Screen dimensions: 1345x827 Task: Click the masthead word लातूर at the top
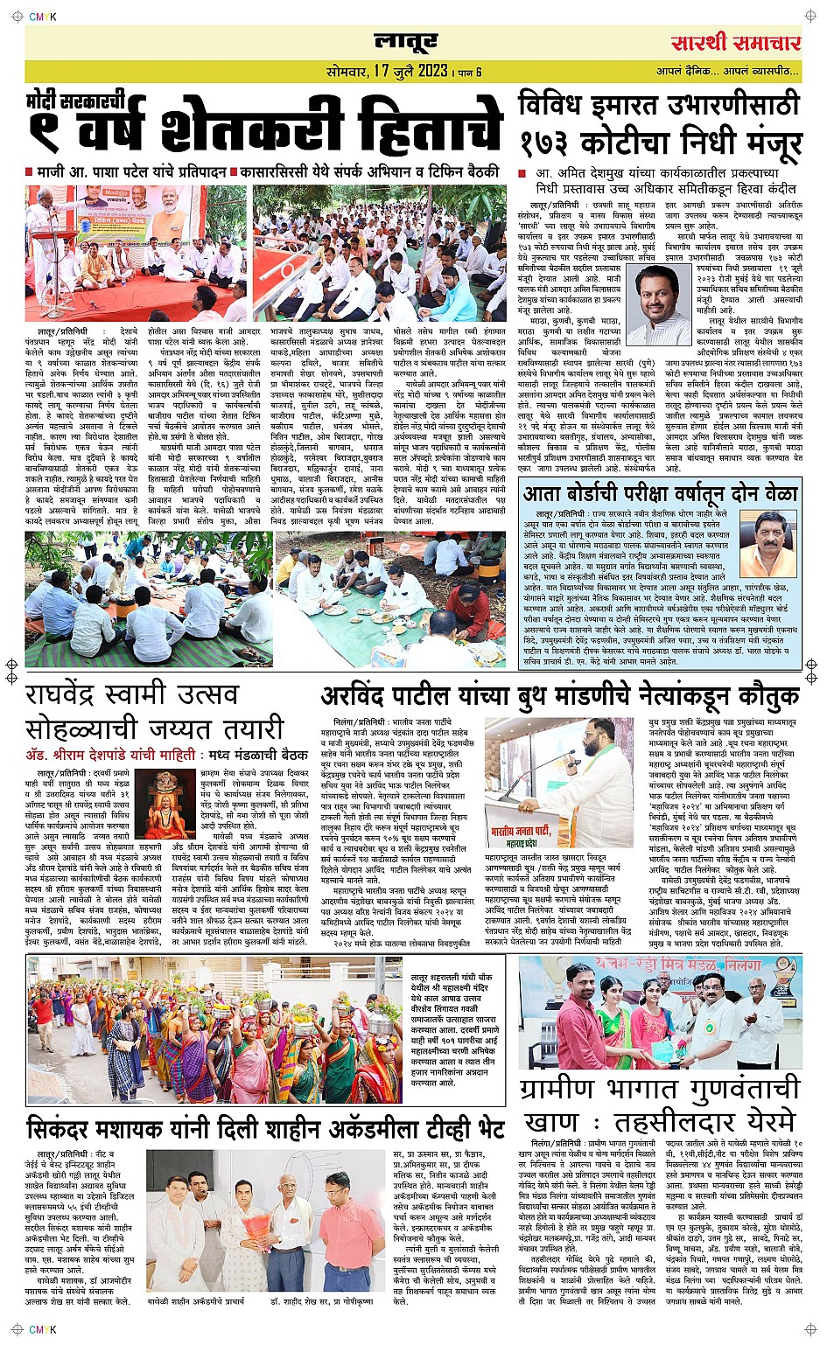click(405, 41)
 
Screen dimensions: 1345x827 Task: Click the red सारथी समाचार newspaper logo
click(735, 43)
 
